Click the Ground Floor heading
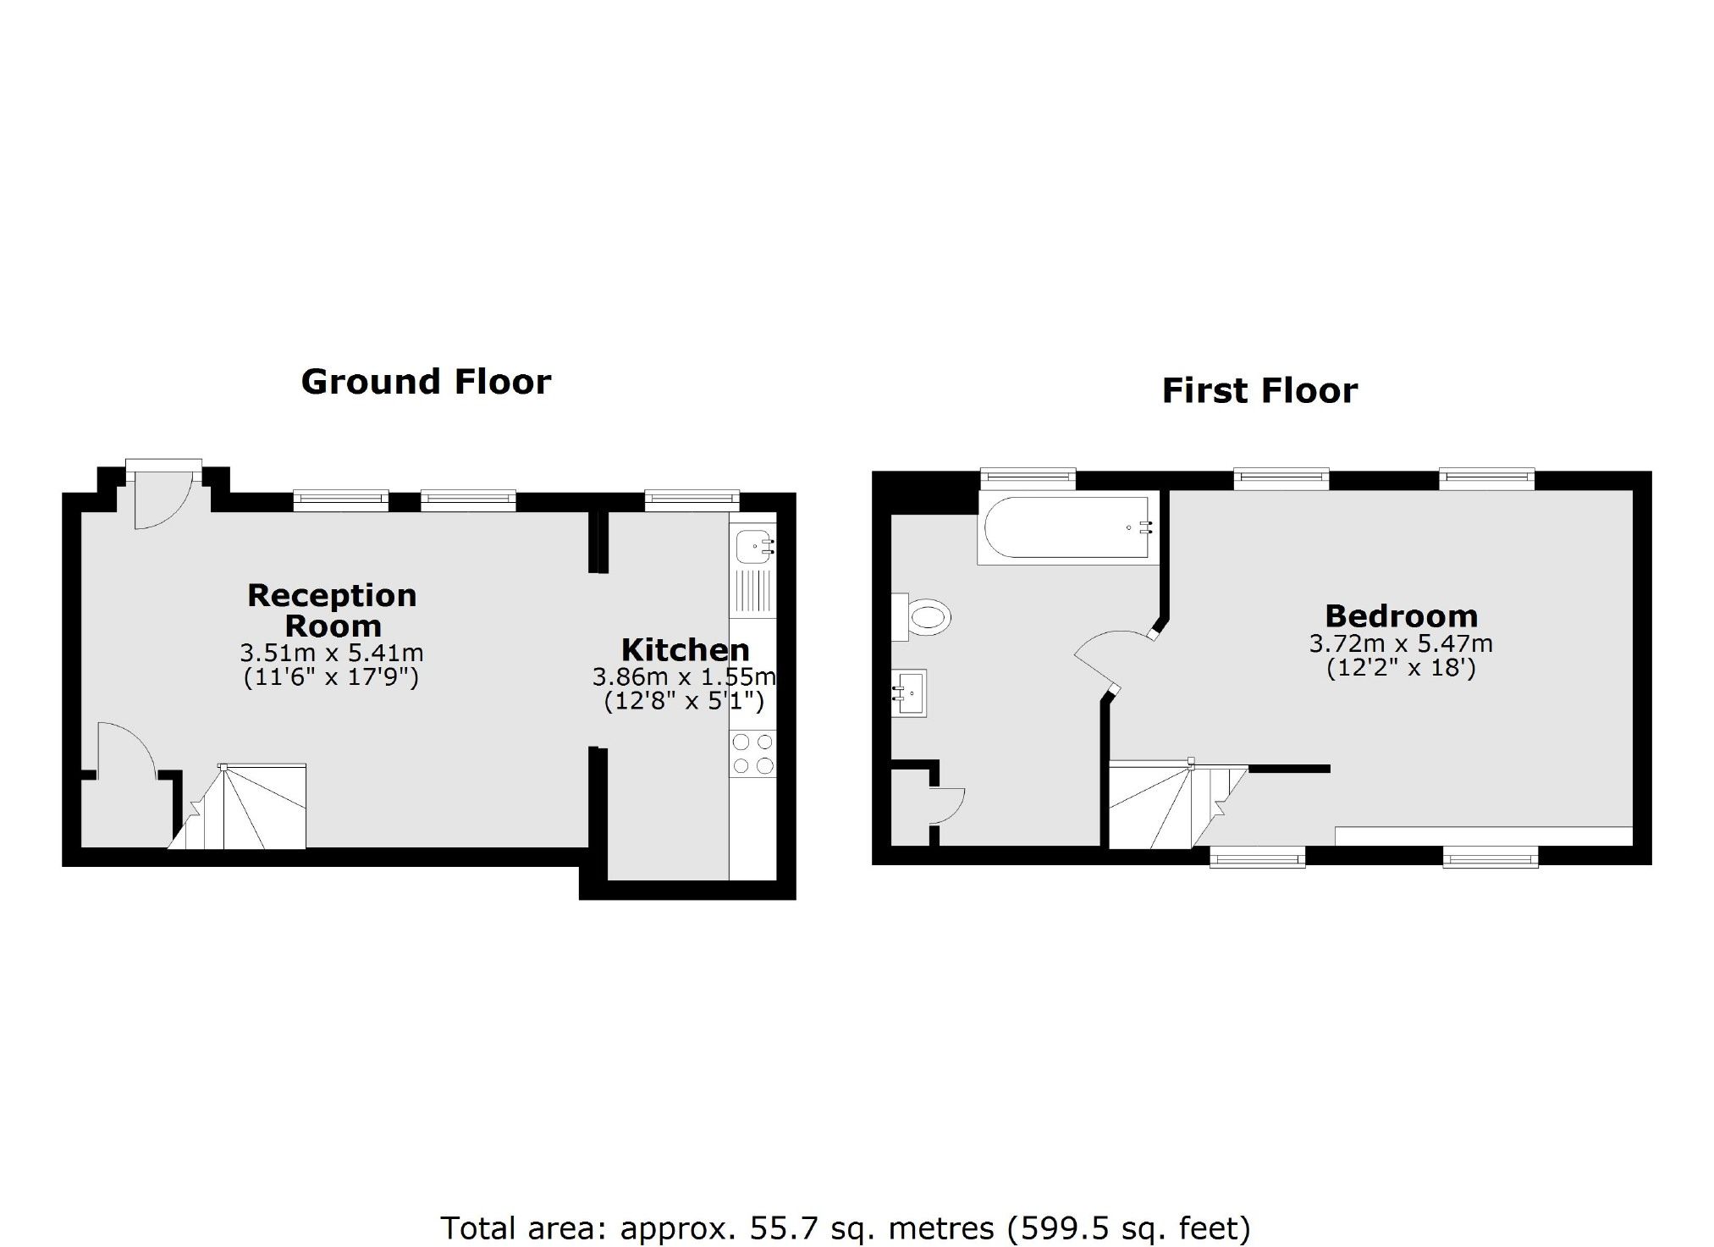click(426, 382)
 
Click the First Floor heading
click(1259, 391)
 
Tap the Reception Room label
click(332, 610)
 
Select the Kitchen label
click(685, 650)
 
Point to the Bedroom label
click(1401, 615)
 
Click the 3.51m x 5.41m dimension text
click(332, 654)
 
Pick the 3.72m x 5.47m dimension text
click(1401, 644)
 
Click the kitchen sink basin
click(752, 546)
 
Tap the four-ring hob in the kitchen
click(752, 753)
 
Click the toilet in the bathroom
click(924, 616)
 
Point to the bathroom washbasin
click(910, 693)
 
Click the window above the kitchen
click(692, 500)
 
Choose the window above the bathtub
click(1028, 478)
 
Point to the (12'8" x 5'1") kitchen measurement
click(684, 701)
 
